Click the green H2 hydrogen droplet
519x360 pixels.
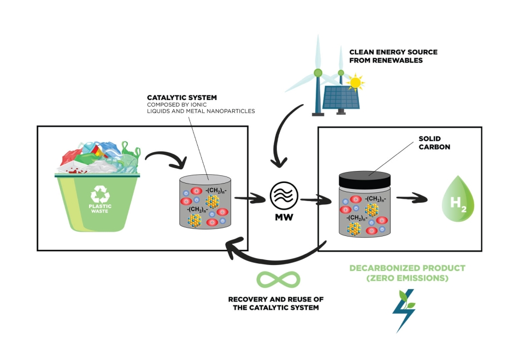pos(458,204)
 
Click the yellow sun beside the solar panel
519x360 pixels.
pos(356,83)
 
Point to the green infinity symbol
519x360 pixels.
pos(279,279)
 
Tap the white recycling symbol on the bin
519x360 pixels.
pos(100,193)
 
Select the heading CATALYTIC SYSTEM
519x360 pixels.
pos(178,98)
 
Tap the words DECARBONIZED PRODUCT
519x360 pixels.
pos(408,268)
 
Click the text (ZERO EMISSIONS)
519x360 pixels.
pos(408,279)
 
